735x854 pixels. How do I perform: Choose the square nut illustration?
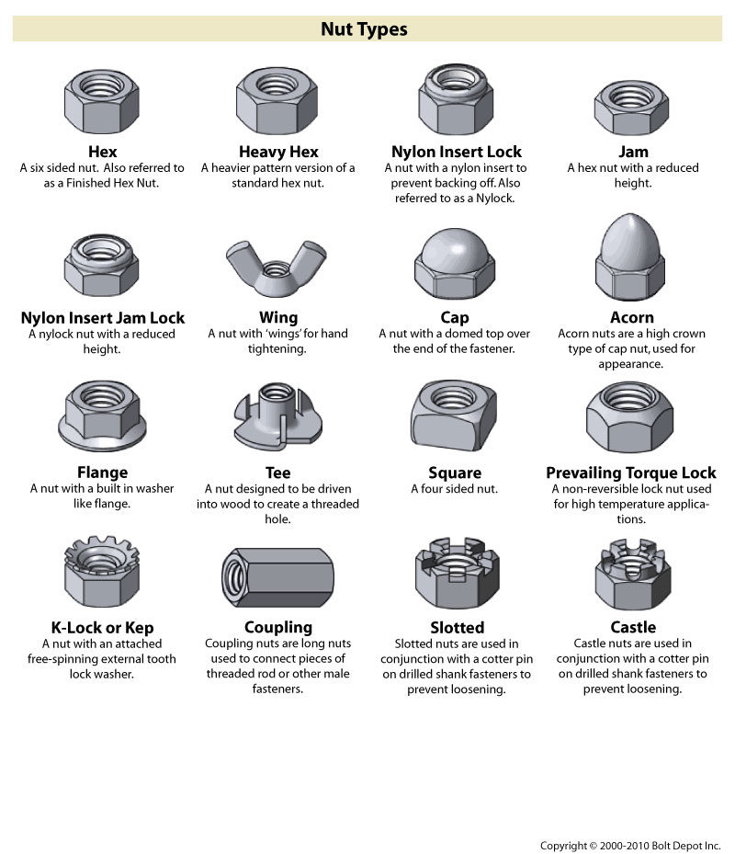[455, 419]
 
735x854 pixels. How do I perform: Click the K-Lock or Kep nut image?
[102, 575]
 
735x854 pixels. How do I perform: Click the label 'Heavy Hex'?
[278, 152]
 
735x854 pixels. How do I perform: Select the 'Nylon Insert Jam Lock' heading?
[103, 318]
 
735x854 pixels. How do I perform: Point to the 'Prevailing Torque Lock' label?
[631, 473]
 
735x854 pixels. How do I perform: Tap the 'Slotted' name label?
[457, 628]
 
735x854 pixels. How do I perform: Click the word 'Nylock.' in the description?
[494, 198]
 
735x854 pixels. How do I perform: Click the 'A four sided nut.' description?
[455, 489]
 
